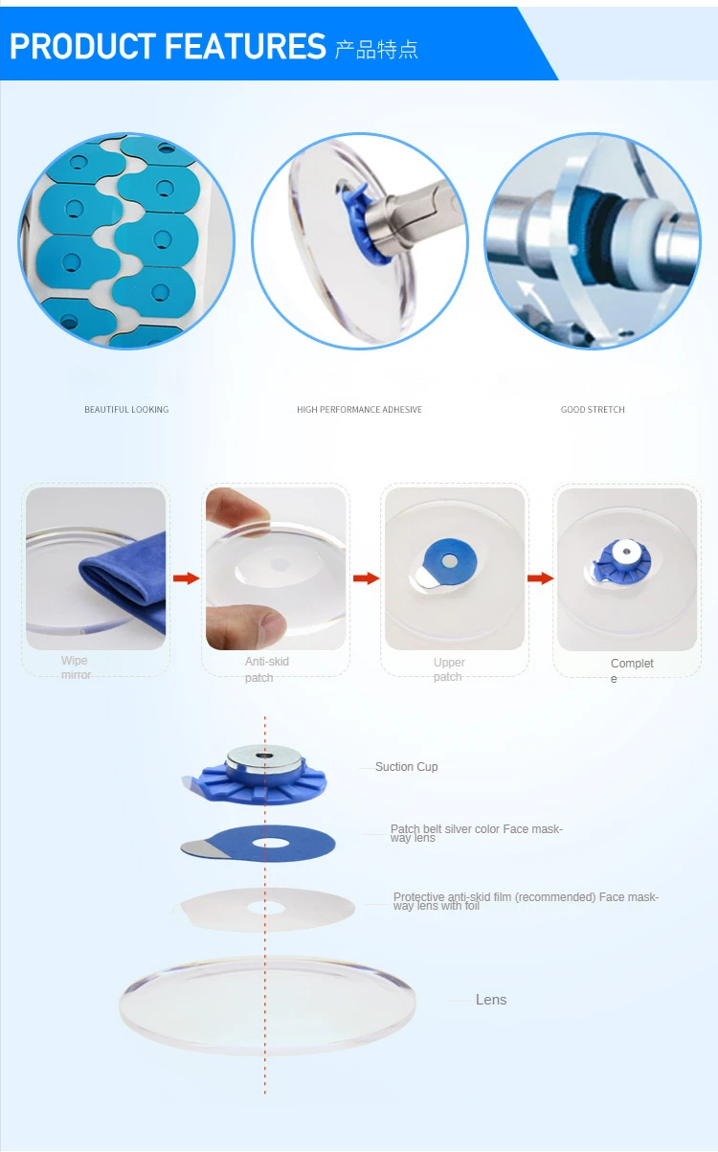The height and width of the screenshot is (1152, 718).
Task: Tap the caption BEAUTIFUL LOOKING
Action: (126, 410)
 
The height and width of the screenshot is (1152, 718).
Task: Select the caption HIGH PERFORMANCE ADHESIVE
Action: (359, 410)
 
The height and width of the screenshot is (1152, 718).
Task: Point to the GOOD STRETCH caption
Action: (593, 410)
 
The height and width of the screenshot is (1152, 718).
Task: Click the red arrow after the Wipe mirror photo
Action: (186, 578)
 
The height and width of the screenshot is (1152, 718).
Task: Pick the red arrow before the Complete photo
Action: (541, 578)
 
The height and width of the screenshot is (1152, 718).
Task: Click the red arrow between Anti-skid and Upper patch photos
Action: (366, 578)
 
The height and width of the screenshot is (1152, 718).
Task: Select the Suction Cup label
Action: (406, 767)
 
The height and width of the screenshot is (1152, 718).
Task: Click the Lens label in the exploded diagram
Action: (491, 1000)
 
